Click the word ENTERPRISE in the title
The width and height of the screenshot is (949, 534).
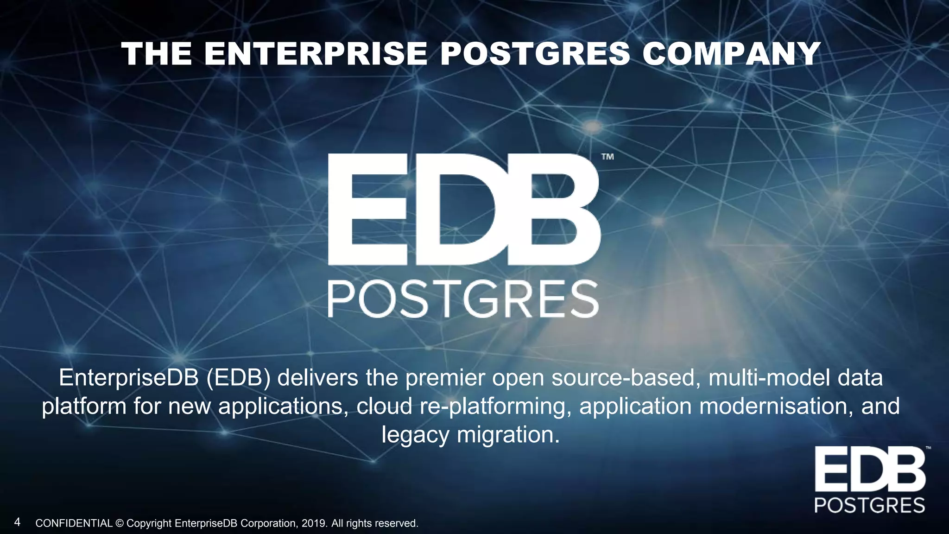click(316, 54)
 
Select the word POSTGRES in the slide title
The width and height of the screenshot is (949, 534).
click(535, 54)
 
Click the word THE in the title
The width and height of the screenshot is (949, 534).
click(157, 54)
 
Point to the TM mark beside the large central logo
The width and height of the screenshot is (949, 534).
click(607, 157)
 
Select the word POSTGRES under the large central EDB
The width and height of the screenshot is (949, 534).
click(463, 299)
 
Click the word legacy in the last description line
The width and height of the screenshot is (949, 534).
click(415, 435)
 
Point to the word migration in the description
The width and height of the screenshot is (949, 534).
click(508, 435)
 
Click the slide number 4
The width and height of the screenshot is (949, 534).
click(17, 522)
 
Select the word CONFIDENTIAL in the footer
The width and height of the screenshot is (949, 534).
click(74, 524)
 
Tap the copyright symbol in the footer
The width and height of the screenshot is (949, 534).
click(120, 524)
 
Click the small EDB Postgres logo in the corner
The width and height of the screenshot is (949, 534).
click(870, 479)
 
